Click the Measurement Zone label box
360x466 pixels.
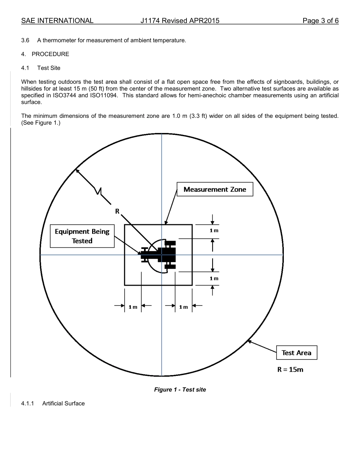coord(215,189)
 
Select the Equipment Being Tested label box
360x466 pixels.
coord(82,236)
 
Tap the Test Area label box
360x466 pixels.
coord(296,353)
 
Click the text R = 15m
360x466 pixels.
coord(290,370)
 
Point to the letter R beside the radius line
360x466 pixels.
coord(117,211)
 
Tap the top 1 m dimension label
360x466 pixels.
coord(214,230)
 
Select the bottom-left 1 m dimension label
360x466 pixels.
coord(133,307)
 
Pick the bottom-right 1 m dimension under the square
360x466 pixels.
coord(183,307)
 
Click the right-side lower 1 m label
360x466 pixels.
coord(214,278)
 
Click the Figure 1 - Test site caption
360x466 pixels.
coord(180,389)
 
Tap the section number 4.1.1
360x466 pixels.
coord(28,403)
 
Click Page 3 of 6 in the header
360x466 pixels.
coord(321,21)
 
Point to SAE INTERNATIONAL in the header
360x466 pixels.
coord(57,21)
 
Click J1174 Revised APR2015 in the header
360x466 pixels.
coord(180,21)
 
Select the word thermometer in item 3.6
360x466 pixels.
coord(59,40)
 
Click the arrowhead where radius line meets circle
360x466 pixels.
coord(77,171)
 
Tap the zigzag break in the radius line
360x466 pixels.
coord(99,191)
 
